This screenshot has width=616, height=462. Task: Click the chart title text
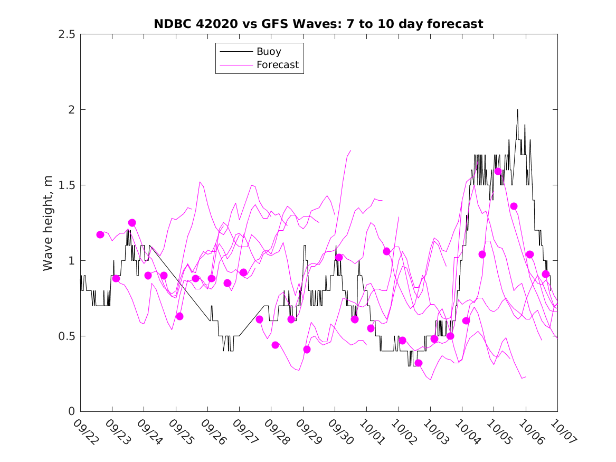point(318,24)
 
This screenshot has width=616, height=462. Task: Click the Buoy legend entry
point(269,52)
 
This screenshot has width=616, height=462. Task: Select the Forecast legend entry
point(277,65)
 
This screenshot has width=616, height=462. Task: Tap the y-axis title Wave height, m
point(48,222)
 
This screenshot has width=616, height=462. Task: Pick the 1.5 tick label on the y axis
point(67,185)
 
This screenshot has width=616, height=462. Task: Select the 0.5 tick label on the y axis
point(67,336)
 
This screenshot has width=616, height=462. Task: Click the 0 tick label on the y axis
point(71,412)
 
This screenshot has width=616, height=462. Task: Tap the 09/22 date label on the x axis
point(86,431)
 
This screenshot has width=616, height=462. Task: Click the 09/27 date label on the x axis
point(245,431)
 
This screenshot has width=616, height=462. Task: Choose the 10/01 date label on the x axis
point(372,431)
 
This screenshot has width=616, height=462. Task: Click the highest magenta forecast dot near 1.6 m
point(498,171)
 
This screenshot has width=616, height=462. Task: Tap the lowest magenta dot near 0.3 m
point(419,363)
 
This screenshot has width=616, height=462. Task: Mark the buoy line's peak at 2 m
point(517,110)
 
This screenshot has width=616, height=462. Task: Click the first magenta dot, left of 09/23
point(100,234)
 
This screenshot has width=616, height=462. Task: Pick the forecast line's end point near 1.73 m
point(350,150)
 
